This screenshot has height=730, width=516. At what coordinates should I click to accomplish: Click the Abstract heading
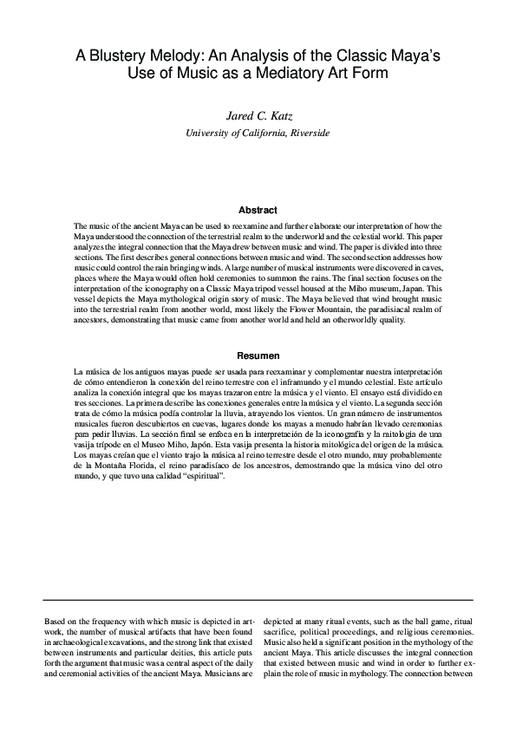[258, 210]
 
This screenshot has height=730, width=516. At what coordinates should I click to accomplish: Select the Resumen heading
[258, 355]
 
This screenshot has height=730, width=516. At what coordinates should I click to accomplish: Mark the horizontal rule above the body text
[258, 599]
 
